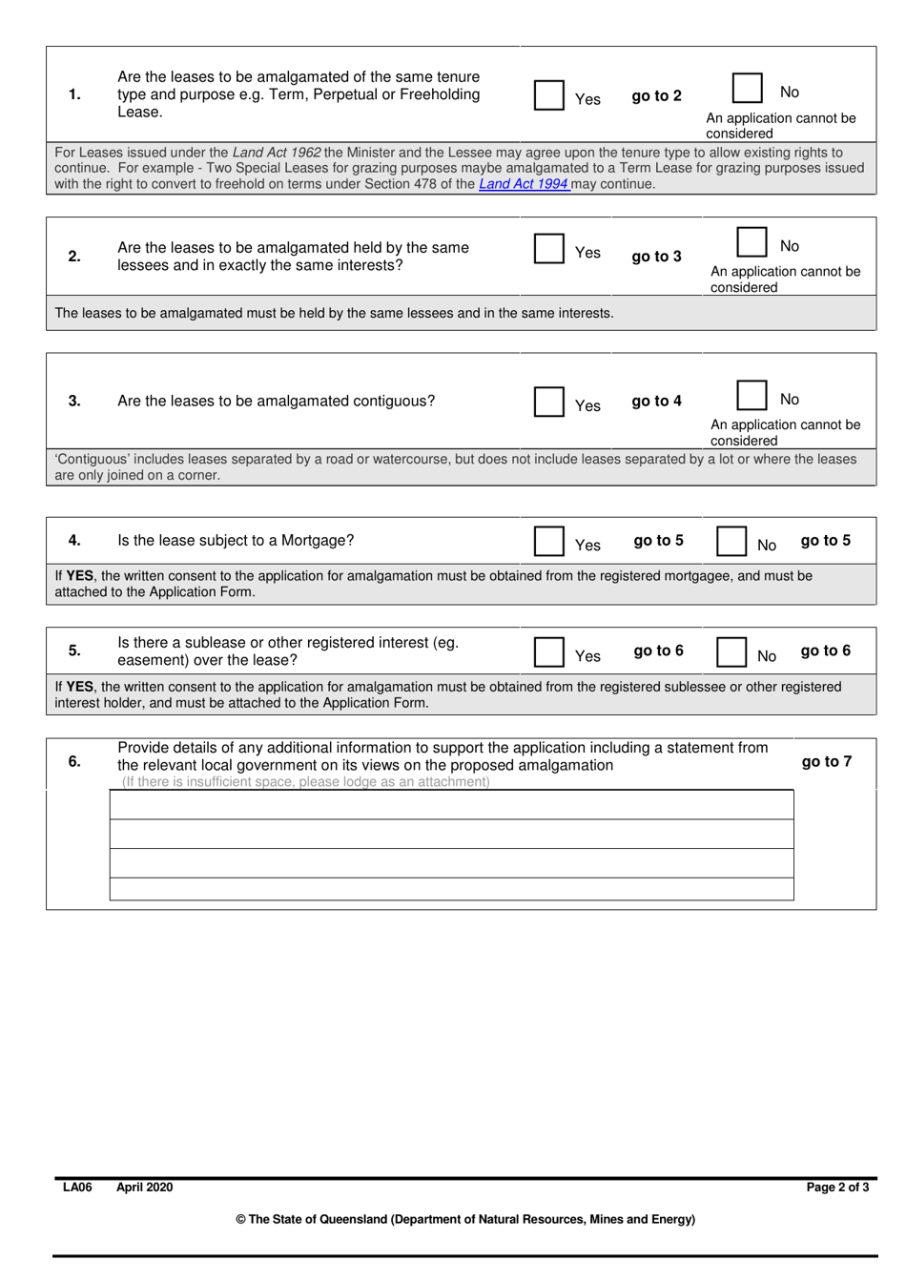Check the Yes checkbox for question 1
(548, 95)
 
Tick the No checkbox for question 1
(747, 88)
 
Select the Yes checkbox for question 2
(548, 248)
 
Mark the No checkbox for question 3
(752, 395)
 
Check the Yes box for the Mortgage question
(548, 541)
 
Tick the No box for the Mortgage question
(731, 541)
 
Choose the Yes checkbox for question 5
(548, 651)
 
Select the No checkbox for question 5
(731, 651)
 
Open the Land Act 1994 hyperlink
(524, 184)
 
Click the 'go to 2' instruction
(656, 96)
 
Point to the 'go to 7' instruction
(826, 761)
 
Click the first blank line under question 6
(451, 805)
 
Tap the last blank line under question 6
(451, 889)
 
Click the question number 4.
(74, 541)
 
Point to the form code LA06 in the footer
(77, 1188)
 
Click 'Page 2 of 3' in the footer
(837, 1188)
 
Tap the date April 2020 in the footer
(145, 1188)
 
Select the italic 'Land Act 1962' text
(277, 153)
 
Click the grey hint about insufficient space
(306, 782)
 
